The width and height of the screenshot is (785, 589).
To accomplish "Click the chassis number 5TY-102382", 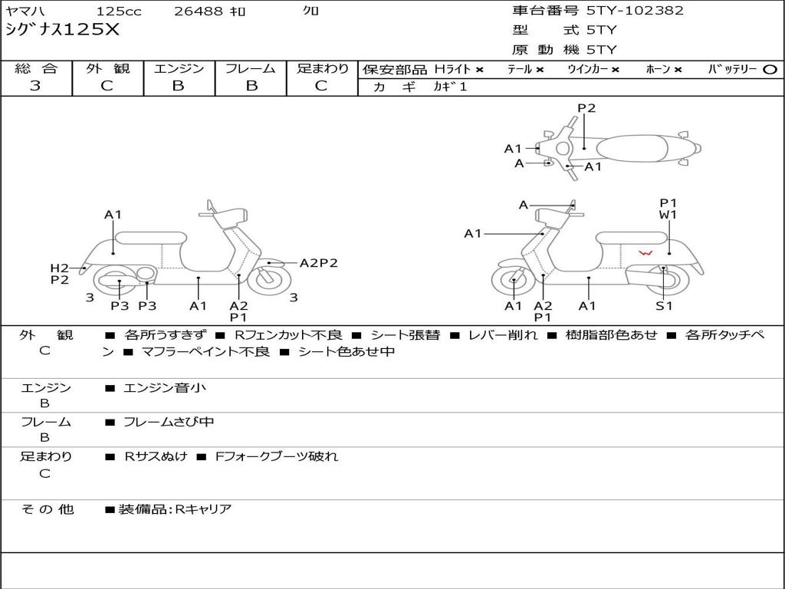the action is click(635, 11).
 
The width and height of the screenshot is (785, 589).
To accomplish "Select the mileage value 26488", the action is click(199, 12).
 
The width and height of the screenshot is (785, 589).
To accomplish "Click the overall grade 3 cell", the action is click(35, 86).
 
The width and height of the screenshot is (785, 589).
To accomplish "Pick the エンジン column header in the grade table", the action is click(179, 68).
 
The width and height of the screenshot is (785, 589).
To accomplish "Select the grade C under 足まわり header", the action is click(321, 86).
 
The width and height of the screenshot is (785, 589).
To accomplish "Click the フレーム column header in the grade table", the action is click(250, 68).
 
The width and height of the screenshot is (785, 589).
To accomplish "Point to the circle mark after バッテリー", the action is click(770, 70).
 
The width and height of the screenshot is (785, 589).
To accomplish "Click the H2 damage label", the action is click(60, 268).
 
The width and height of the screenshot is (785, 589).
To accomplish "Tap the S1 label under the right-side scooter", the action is click(664, 306).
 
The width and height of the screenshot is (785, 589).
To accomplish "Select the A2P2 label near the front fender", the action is click(318, 263).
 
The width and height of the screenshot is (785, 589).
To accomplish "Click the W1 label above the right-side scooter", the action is click(668, 215).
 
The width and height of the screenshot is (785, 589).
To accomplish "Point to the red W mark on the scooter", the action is click(646, 253).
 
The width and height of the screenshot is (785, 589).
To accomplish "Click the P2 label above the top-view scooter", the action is click(586, 108).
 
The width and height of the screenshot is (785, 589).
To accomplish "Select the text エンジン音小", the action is click(165, 388).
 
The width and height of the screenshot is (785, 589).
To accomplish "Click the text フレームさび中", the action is click(169, 422).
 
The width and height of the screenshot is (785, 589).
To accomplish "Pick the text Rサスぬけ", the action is click(156, 456).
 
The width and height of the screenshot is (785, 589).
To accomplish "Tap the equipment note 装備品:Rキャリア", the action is click(174, 509).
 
